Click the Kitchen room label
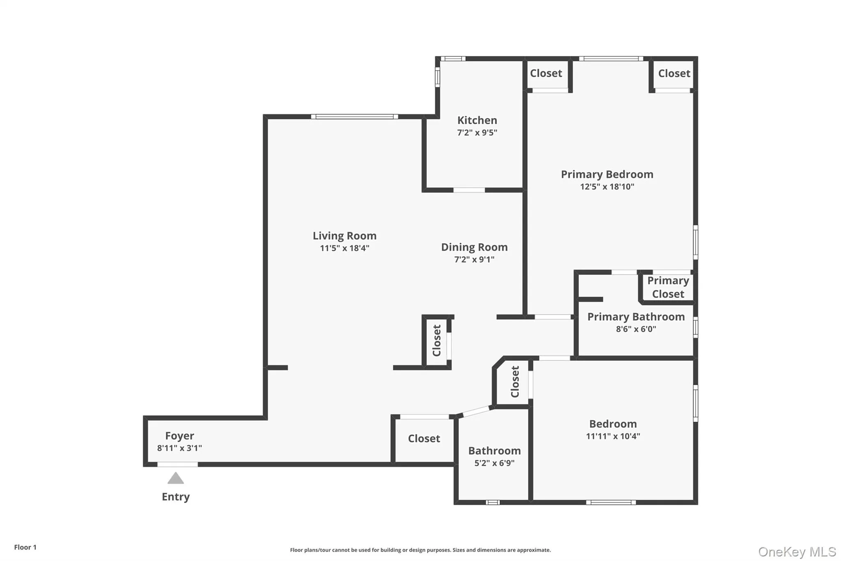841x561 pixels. coord(477,120)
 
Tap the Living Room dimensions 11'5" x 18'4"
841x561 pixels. coord(345,248)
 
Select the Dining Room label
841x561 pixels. coord(474,247)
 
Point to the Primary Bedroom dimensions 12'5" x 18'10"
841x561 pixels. coord(607,187)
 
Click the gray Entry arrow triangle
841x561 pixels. coord(176,478)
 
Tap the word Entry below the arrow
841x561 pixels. coord(176,497)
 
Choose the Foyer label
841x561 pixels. coord(179,436)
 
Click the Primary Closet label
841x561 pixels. coord(668,287)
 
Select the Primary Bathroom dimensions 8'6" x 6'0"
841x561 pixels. coord(636,329)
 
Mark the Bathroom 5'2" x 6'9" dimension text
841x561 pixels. coord(494,463)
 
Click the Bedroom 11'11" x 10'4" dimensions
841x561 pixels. coord(613,436)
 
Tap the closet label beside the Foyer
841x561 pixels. coord(424,439)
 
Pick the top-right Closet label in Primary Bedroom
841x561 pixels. coord(674,74)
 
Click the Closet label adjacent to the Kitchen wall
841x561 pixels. coord(546,74)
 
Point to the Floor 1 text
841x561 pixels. coord(25,547)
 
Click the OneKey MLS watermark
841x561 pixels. coord(797,552)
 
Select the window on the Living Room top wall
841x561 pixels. coord(354,117)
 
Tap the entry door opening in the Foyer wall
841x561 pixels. coord(177,464)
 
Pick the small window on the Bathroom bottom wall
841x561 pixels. coord(492,502)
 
